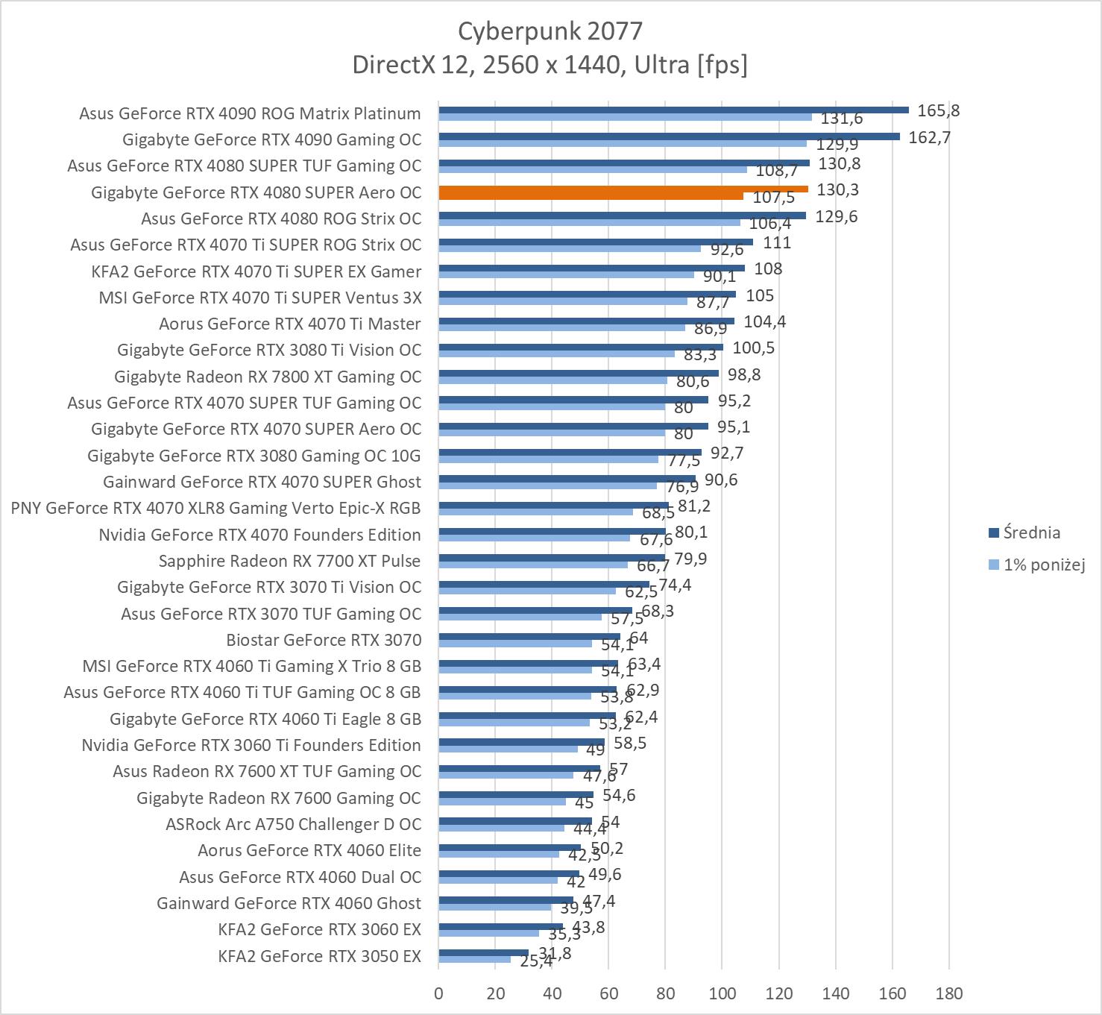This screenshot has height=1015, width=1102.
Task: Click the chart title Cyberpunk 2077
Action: (x=550, y=31)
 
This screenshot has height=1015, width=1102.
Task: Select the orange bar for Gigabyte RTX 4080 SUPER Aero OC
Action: (x=623, y=189)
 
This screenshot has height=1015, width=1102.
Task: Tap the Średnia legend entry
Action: (x=1031, y=532)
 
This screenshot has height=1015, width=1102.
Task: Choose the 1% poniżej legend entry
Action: (x=1043, y=565)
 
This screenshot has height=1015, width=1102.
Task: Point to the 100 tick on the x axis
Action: (x=722, y=993)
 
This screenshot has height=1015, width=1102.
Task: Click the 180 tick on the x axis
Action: (x=948, y=993)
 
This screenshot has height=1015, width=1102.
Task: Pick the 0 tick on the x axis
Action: (x=438, y=993)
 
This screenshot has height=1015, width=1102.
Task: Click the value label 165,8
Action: (x=938, y=111)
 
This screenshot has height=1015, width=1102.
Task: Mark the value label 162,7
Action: (x=929, y=137)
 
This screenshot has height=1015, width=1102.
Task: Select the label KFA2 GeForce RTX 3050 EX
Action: (x=319, y=956)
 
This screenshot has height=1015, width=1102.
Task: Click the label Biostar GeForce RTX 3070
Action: (x=324, y=640)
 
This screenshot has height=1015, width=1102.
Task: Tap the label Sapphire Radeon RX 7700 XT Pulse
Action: (x=289, y=561)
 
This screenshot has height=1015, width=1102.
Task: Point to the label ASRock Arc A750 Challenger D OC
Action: (x=293, y=824)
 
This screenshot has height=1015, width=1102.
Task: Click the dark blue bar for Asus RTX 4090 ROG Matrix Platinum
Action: (x=673, y=110)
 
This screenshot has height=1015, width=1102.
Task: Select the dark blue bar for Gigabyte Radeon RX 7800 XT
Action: (x=579, y=373)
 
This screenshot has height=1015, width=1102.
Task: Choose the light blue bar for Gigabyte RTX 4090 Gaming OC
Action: (x=623, y=143)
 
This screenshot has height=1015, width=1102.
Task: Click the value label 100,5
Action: (x=753, y=348)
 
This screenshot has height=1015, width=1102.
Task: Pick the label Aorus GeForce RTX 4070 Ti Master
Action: (x=289, y=324)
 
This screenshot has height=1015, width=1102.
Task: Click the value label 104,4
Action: (x=764, y=321)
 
